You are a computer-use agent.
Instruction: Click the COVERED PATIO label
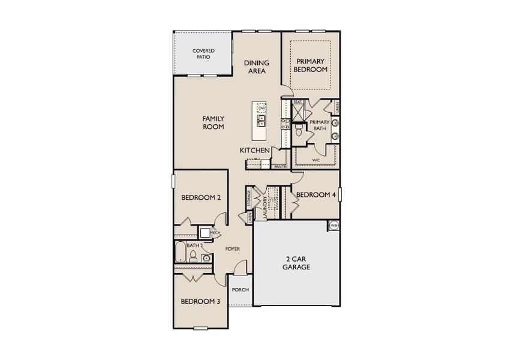204,54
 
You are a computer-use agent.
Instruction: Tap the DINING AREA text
257,67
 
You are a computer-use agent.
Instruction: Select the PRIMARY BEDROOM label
310,65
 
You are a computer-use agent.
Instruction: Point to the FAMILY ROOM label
213,123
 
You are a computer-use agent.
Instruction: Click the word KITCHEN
254,150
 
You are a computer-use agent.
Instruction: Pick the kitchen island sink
261,121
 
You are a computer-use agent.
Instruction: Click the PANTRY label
281,167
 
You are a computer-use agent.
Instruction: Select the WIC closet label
315,161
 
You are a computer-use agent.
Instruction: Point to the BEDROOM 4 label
315,194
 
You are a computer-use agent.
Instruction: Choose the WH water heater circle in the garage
333,226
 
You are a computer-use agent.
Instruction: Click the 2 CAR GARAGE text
296,263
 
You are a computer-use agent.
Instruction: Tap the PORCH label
241,290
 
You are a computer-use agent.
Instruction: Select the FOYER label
233,248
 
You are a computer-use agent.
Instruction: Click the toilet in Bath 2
193,257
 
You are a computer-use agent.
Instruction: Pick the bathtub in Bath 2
179,253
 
